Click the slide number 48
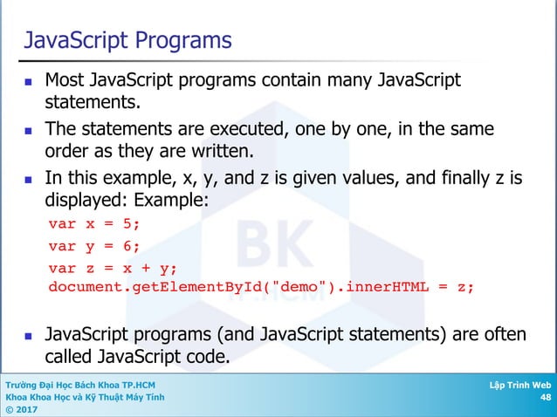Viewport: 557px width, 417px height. point(545,398)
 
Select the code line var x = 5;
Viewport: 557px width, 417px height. point(94,222)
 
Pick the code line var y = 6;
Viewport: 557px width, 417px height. point(94,245)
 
